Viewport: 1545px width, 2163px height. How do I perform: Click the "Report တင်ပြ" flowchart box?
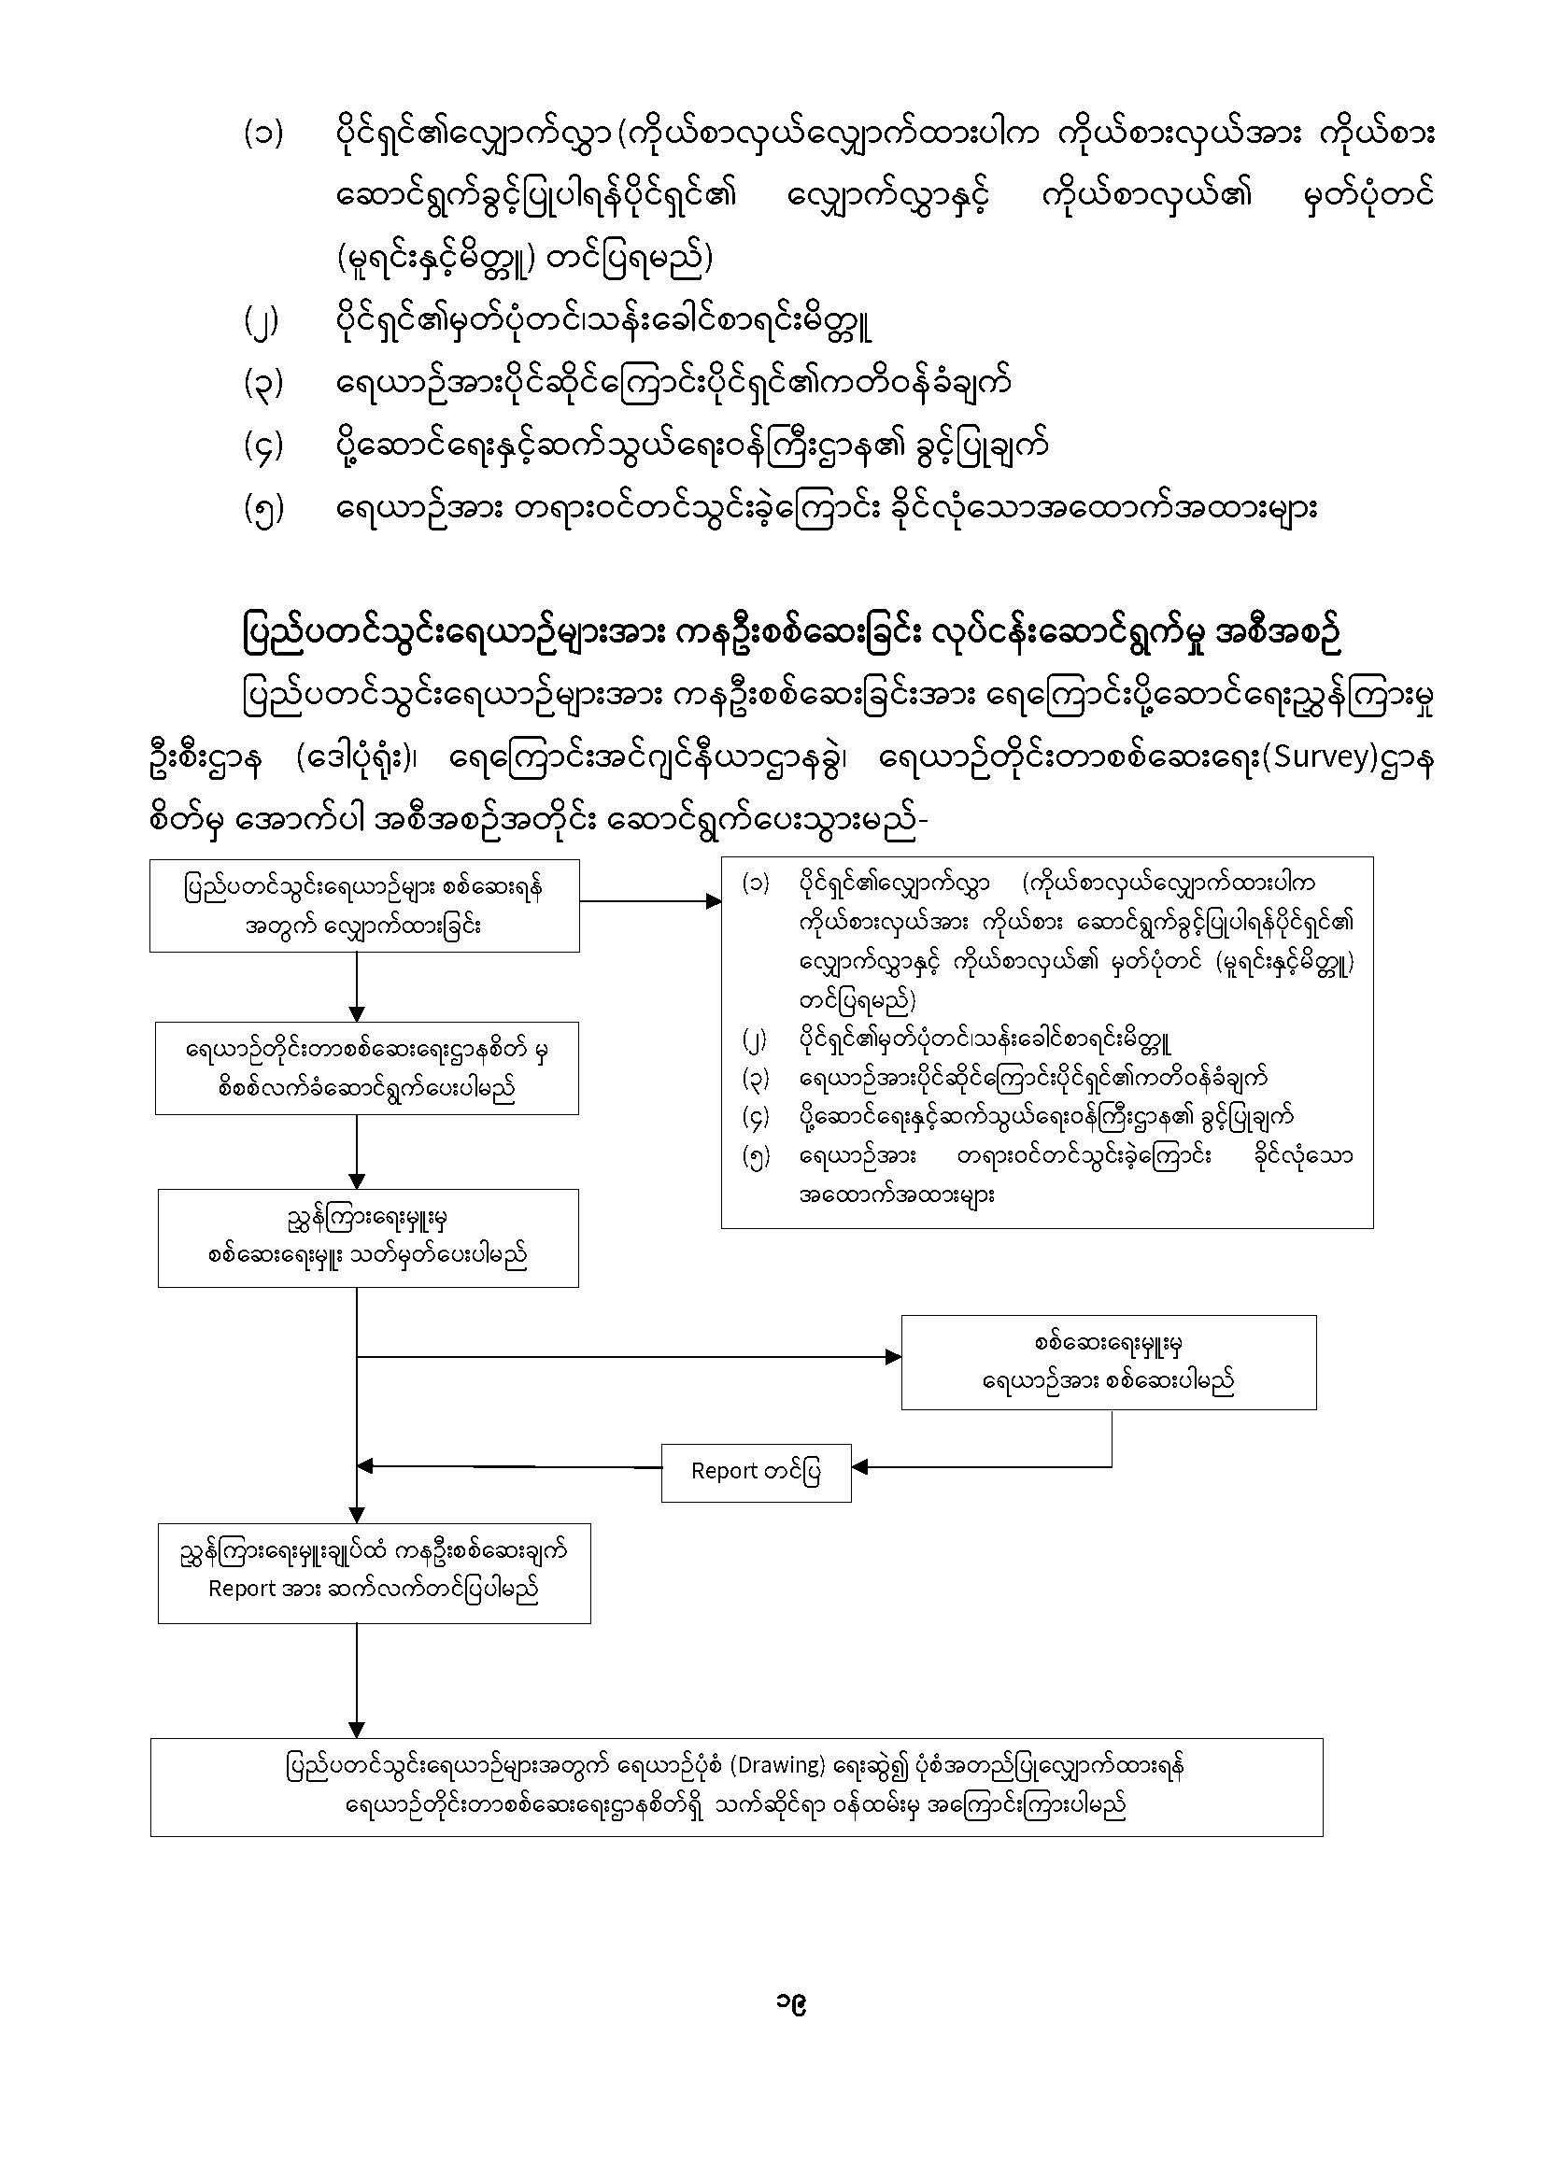coord(756,1472)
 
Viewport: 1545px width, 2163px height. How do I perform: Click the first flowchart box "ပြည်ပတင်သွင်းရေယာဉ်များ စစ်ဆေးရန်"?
coord(364,906)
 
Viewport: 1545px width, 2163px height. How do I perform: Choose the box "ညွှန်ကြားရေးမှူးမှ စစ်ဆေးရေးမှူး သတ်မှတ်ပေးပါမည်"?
coord(368,1237)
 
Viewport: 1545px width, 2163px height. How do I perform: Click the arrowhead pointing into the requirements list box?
coord(714,900)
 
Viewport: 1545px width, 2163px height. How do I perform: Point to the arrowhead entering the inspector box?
coord(893,1357)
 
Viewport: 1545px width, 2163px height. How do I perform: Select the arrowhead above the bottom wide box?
coord(357,1729)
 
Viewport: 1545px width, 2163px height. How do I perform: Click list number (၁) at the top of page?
coord(262,134)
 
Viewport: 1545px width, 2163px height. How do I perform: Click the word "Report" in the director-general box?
coord(242,1590)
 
